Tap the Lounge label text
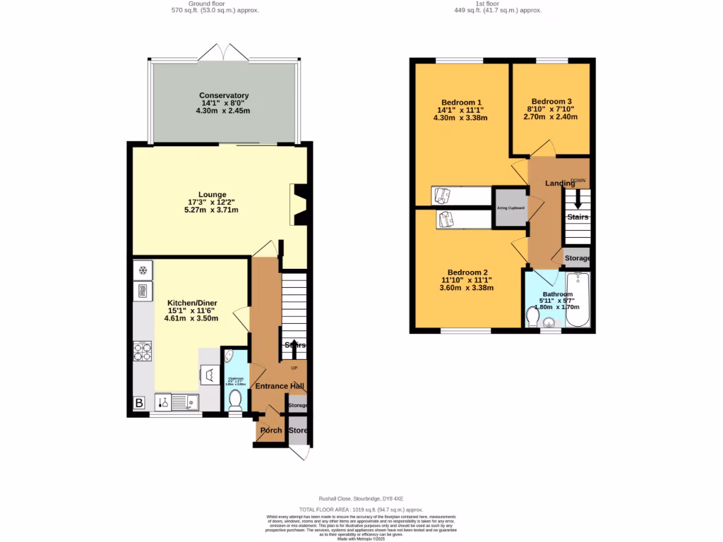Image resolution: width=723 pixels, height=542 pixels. click(x=212, y=195)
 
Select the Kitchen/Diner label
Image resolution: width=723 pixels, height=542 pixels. click(x=191, y=302)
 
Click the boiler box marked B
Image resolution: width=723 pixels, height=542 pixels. click(x=139, y=403)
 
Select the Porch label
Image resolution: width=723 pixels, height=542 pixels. click(x=271, y=430)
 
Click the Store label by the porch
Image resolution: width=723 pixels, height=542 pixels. click(x=299, y=430)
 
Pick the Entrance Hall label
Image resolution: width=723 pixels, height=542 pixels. click(x=280, y=386)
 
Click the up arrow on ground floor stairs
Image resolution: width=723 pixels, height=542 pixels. click(x=294, y=348)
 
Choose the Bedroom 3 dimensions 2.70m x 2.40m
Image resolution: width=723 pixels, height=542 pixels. click(x=551, y=117)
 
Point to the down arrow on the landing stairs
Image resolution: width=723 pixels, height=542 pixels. click(x=578, y=199)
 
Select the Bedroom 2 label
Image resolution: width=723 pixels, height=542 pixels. click(x=467, y=272)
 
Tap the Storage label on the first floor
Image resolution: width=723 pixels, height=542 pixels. click(x=578, y=258)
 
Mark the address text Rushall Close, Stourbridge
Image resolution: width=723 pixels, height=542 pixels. click(x=361, y=498)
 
